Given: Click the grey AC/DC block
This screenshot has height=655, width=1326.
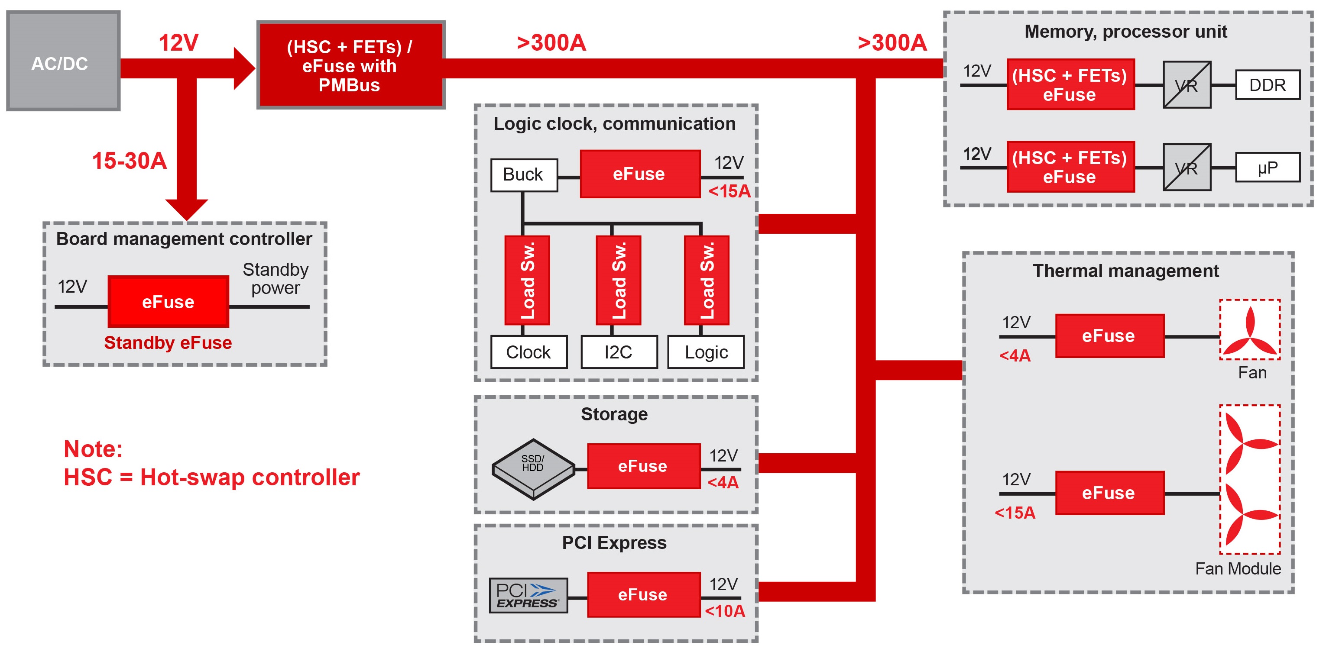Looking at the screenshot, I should point(63,61).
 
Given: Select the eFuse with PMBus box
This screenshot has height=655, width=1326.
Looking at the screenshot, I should point(350,65).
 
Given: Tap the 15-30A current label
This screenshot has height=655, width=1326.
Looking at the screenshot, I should point(129,161).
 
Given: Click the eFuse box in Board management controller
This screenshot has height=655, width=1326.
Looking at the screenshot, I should point(169,301).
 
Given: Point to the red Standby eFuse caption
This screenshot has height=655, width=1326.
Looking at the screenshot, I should point(168,343).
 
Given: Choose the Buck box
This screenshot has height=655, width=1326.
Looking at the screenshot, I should point(523,175).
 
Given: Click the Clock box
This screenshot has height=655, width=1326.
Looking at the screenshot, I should point(528,352).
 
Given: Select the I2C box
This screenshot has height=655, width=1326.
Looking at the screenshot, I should point(619,352).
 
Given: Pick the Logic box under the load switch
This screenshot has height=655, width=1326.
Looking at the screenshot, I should point(706,352).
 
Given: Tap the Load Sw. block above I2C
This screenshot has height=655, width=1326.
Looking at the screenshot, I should point(618,281).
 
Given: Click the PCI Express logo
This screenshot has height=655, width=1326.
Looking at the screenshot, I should point(528,595).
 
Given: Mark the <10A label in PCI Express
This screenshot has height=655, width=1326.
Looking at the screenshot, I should point(725,611).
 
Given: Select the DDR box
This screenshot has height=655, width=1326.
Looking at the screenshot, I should point(1268,85).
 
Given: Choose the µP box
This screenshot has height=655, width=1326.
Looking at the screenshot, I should point(1268,168).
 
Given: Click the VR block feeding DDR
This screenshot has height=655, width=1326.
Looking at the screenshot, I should point(1187,85).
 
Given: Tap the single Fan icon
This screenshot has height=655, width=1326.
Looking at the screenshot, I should point(1250,330).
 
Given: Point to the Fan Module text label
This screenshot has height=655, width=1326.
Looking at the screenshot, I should point(1238,568).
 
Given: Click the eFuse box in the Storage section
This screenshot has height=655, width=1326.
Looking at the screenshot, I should point(643,466).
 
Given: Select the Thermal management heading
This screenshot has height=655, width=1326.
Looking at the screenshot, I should point(1126,271).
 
